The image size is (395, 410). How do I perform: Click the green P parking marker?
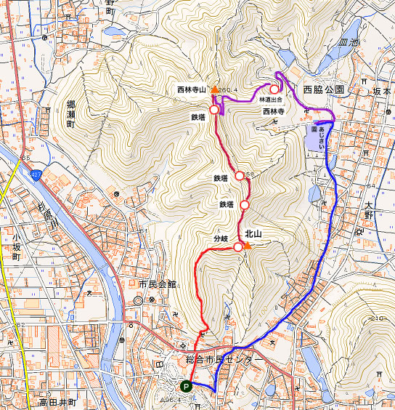[187, 387]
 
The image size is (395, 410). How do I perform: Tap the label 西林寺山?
[192, 89]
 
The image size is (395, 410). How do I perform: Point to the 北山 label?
[253, 234]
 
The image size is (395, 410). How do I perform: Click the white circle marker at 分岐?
[238, 248]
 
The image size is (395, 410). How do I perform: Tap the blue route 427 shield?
[36, 175]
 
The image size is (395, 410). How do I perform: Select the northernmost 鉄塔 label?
[200, 116]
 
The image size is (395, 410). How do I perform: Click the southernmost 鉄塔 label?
[225, 204]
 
